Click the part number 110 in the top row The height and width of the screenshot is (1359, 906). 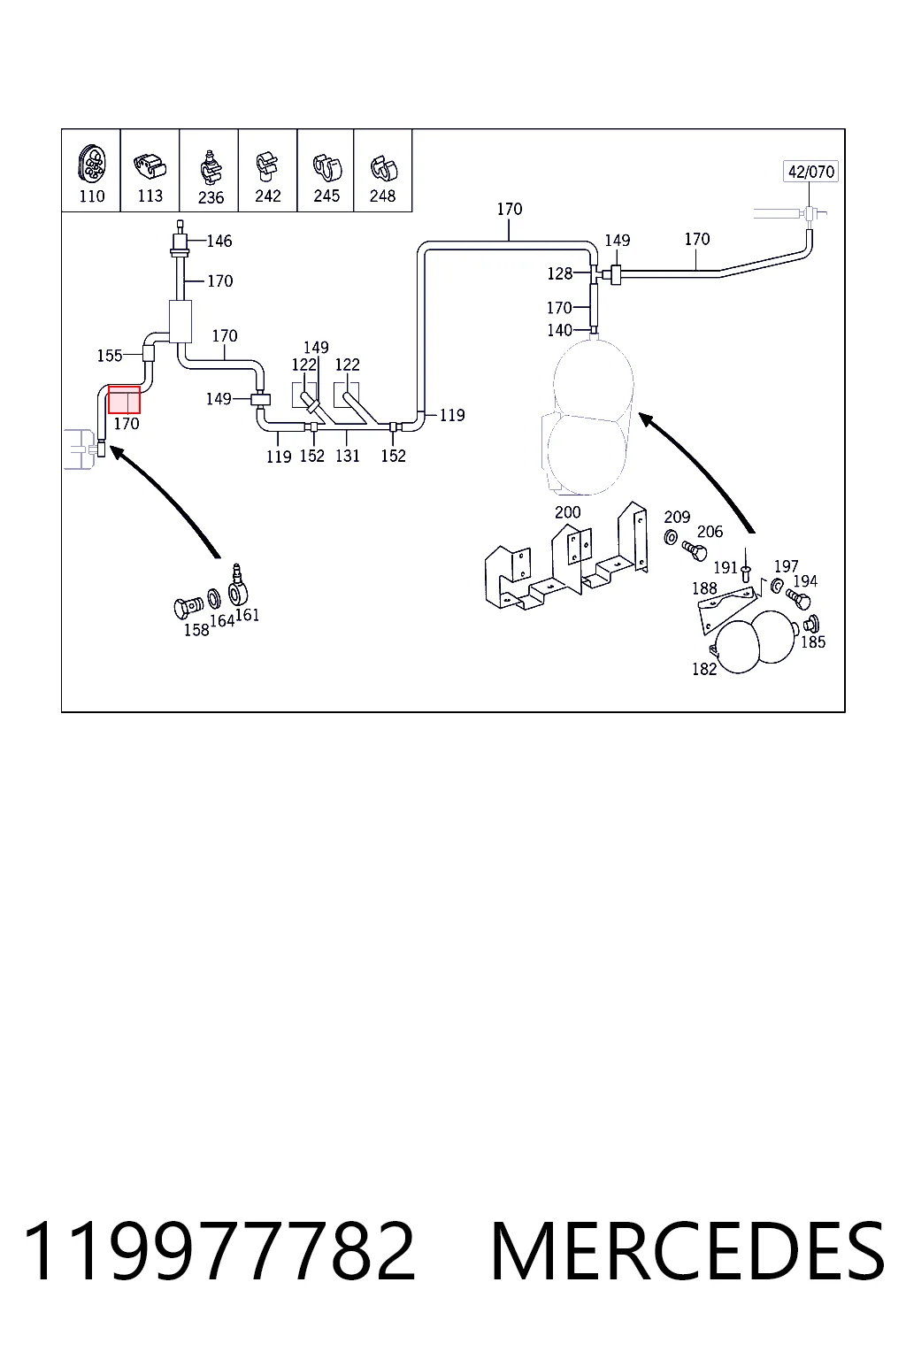click(x=92, y=196)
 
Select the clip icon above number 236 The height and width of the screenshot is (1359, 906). click(x=210, y=168)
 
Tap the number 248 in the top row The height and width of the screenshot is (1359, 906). click(x=382, y=196)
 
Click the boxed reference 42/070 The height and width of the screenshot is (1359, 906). click(x=810, y=172)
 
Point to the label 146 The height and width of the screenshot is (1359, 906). click(x=219, y=241)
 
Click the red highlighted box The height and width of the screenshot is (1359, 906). click(x=125, y=400)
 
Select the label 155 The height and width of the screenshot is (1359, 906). click(x=110, y=356)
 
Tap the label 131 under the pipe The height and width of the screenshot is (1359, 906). click(x=348, y=456)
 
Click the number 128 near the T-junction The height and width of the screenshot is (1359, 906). click(x=559, y=273)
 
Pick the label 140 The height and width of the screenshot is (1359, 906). click(x=559, y=330)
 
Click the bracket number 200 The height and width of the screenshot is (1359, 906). click(x=567, y=512)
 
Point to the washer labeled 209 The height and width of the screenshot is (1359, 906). click(x=671, y=537)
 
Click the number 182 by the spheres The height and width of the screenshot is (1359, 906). click(x=704, y=669)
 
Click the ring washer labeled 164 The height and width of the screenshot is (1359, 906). click(x=214, y=599)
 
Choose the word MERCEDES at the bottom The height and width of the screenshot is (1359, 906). click(x=687, y=1251)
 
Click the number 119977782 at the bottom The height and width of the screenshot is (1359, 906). click(x=219, y=1251)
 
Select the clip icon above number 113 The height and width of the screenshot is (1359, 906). click(x=150, y=165)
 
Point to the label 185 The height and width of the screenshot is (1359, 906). click(x=813, y=641)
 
